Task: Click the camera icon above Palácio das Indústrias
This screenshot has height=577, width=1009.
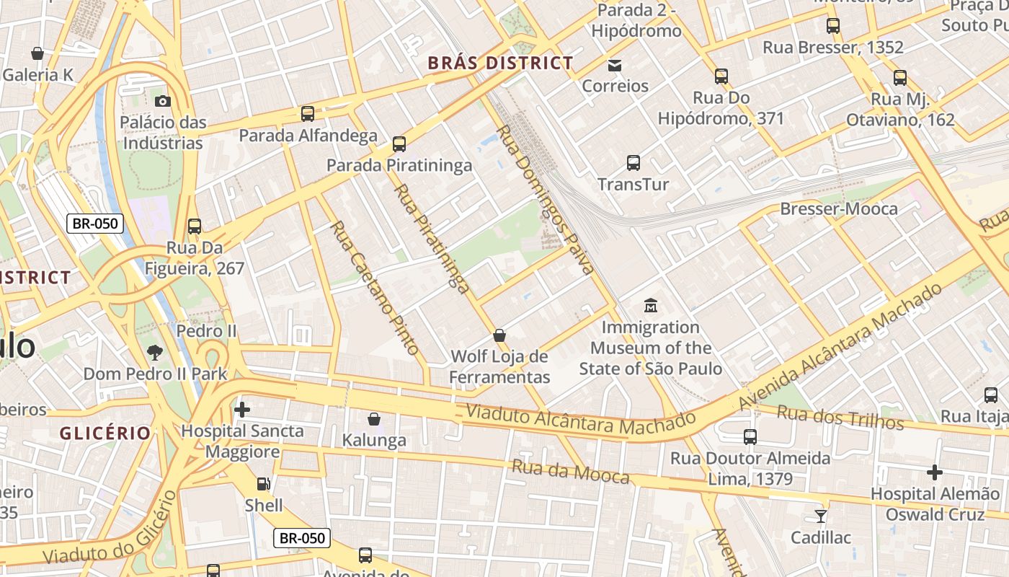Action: [x=163, y=101]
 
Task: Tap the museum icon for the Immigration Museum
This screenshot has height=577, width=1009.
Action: [x=651, y=305]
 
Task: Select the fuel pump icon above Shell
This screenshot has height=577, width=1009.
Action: [x=264, y=483]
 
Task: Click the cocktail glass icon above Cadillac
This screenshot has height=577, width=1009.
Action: [x=820, y=516]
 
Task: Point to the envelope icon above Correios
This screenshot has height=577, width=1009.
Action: [x=615, y=66]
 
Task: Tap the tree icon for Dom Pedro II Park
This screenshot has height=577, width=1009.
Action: [x=154, y=353]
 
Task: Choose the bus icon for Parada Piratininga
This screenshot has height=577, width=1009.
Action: [x=399, y=144]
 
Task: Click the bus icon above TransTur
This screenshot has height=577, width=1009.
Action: [x=634, y=163]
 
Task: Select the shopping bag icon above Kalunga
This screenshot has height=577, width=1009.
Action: [x=374, y=419]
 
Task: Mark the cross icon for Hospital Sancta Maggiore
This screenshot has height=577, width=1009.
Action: [x=242, y=410]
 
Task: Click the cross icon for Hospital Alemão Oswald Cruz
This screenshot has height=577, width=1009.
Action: [x=934, y=472]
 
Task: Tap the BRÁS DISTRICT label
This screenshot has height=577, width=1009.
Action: [x=500, y=63]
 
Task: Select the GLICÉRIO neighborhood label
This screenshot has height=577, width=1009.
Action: [x=105, y=433]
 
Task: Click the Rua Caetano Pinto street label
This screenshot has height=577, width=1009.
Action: [x=374, y=288]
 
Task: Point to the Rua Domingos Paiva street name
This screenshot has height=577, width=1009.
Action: [x=546, y=200]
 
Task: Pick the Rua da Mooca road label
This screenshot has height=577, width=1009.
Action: [x=570, y=472]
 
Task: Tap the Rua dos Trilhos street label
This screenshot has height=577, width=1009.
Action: [x=840, y=417]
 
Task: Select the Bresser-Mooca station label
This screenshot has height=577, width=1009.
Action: [x=839, y=209]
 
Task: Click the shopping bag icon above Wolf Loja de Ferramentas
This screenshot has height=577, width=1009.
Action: [x=499, y=335]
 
